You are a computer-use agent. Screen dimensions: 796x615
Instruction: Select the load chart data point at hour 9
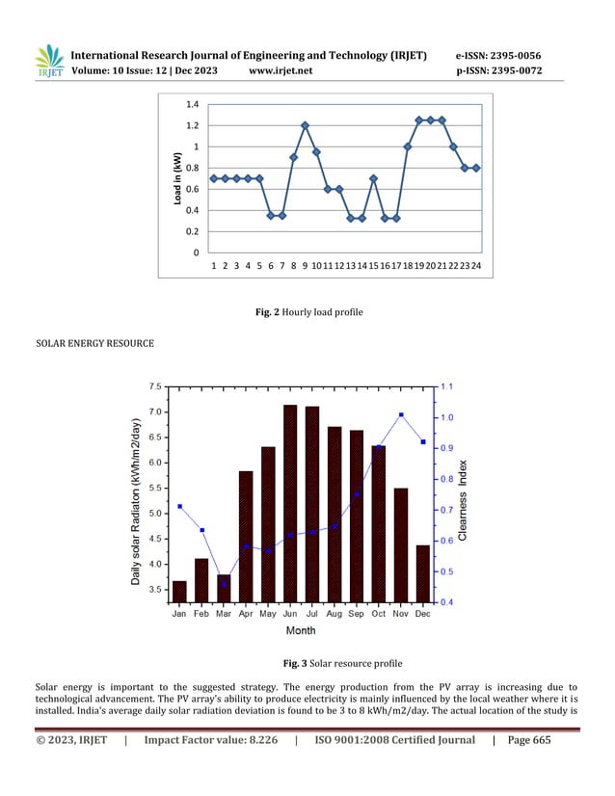tap(305, 125)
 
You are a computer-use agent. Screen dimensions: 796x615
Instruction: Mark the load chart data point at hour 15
tap(373, 178)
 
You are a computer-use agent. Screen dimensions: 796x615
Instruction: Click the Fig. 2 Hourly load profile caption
tap(307, 313)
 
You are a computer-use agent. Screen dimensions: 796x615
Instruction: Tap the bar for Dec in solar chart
tap(422, 573)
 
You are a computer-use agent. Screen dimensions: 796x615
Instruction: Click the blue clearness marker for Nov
tap(400, 414)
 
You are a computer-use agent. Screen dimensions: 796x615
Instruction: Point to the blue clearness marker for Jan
tap(179, 507)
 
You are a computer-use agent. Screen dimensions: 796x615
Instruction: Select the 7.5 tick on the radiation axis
tap(154, 386)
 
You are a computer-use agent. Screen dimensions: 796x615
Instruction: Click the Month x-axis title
tap(300, 631)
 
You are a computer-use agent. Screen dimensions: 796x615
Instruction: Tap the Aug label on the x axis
tap(334, 613)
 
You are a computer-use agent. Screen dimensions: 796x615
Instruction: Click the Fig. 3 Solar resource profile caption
tap(307, 664)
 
